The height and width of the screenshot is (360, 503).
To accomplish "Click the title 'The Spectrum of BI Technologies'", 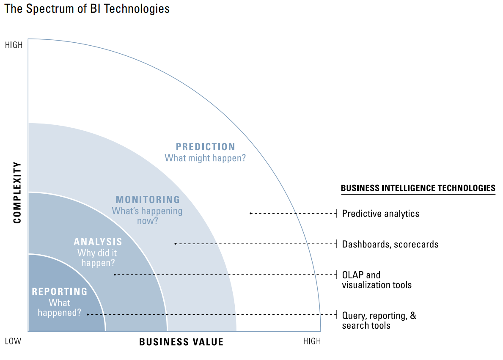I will click(x=87, y=9).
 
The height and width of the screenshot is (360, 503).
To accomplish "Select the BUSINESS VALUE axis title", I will click(x=181, y=342).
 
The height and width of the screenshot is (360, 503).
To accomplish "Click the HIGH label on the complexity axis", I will click(x=14, y=45).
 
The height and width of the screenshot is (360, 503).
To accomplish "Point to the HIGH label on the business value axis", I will click(x=312, y=341).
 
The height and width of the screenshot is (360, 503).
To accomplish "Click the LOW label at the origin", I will click(x=13, y=341).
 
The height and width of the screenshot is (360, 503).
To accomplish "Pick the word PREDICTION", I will click(x=206, y=147).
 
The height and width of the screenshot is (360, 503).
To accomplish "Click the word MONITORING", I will click(x=148, y=200).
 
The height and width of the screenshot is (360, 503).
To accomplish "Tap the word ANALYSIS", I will click(x=98, y=242).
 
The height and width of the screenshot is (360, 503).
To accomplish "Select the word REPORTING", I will click(x=60, y=291).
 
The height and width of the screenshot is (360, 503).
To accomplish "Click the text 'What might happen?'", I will click(x=206, y=158).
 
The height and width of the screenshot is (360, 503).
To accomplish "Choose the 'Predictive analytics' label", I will click(x=381, y=214).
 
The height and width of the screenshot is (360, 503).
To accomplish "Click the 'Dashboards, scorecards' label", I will click(x=390, y=244).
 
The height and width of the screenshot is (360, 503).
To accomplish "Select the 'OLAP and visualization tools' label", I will click(x=377, y=280).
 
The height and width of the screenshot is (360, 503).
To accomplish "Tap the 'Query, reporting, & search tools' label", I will click(x=379, y=320).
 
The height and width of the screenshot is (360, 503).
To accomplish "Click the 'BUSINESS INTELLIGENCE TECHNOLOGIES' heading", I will click(x=418, y=188).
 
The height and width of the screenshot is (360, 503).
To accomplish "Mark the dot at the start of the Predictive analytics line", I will click(x=250, y=213).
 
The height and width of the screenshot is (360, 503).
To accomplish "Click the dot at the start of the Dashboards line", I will click(x=175, y=244).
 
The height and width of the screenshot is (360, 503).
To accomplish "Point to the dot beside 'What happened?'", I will click(x=88, y=314).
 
